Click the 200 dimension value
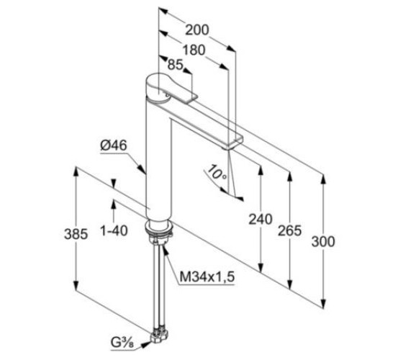click(x=197, y=30)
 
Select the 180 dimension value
click(x=194, y=50)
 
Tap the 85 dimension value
click(x=175, y=65)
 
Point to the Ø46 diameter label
click(x=114, y=145)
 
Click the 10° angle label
click(x=217, y=172)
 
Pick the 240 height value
click(x=260, y=219)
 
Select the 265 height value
click(x=289, y=230)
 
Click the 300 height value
click(x=323, y=242)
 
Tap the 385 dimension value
click(x=76, y=234)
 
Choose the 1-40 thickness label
click(x=114, y=230)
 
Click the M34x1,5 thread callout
click(x=207, y=277)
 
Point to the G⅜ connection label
click(x=122, y=343)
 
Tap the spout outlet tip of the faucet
click(x=232, y=143)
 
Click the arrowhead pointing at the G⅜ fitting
click(x=147, y=344)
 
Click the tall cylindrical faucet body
click(x=158, y=159)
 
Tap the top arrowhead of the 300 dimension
click(x=324, y=179)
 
